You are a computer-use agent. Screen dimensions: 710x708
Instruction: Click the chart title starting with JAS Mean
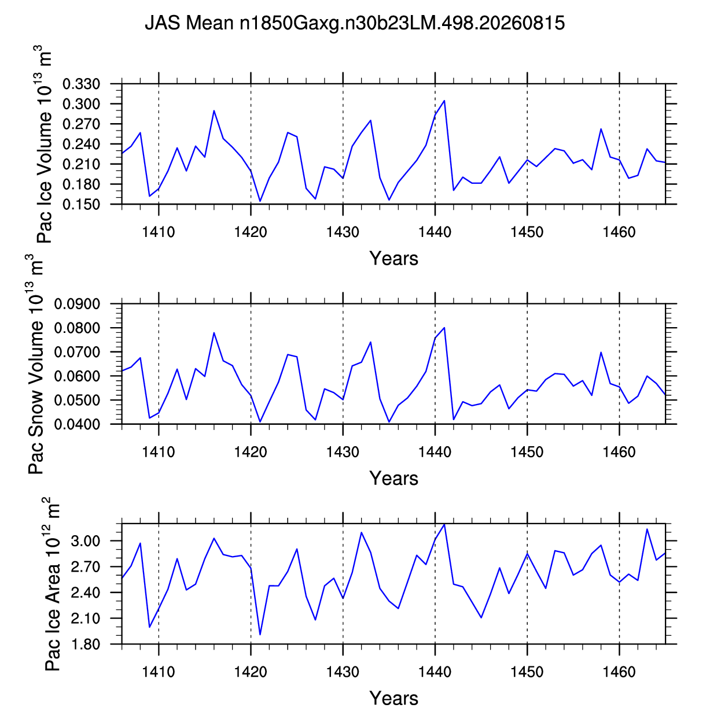tap(355, 23)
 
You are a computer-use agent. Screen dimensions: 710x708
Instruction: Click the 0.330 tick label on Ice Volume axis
tap(81, 84)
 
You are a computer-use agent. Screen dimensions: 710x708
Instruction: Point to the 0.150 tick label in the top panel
tap(81, 205)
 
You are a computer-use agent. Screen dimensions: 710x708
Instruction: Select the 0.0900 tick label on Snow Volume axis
tap(77, 304)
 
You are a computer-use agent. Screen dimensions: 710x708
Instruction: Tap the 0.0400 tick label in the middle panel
tap(77, 424)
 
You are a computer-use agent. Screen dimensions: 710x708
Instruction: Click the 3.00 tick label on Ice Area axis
tap(85, 541)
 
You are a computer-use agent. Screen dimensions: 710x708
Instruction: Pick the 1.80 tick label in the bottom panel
tap(85, 644)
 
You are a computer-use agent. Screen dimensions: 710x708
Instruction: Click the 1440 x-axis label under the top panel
tap(435, 232)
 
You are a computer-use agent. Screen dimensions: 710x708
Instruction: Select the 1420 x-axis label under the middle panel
tap(251, 452)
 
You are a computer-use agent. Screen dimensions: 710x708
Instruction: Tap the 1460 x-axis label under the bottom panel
tap(619, 672)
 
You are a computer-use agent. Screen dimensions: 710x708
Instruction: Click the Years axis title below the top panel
tap(393, 258)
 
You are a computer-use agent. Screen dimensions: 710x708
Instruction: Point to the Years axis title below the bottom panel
tap(393, 698)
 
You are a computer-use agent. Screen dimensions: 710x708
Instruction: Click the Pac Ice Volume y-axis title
tap(43, 144)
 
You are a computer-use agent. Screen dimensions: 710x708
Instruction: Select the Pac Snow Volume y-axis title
tap(35, 364)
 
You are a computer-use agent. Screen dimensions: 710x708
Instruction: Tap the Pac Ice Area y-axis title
tap(51, 584)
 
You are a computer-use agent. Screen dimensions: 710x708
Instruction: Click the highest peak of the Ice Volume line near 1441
tap(444, 101)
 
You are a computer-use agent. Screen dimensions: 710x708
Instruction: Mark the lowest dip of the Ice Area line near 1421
tap(260, 635)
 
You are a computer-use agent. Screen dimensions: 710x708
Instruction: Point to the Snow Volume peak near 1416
tap(214, 333)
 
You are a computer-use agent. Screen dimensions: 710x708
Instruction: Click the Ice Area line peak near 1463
tap(647, 529)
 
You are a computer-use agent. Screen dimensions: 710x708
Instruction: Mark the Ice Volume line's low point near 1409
tap(150, 196)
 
